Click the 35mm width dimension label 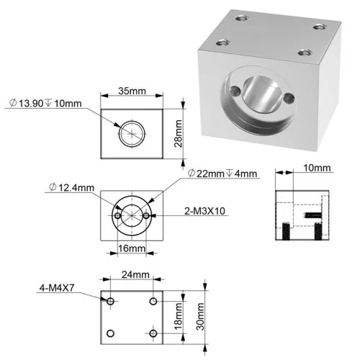(132, 91)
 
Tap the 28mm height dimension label (178, 133)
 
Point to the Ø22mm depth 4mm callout (222, 174)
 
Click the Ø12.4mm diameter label (71, 187)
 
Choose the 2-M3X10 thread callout (204, 211)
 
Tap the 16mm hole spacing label (132, 248)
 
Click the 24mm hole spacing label (135, 274)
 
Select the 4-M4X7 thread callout (57, 288)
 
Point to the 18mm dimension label (178, 317)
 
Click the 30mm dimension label (200, 317)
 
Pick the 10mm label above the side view (317, 168)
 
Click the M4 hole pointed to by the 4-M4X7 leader (110, 301)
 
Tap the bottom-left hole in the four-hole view (110, 333)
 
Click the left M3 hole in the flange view (117, 215)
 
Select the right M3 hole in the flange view (146, 215)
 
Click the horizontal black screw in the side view (313, 215)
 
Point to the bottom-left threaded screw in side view (286, 231)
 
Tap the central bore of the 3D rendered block (261, 94)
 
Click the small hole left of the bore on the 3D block (235, 91)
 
